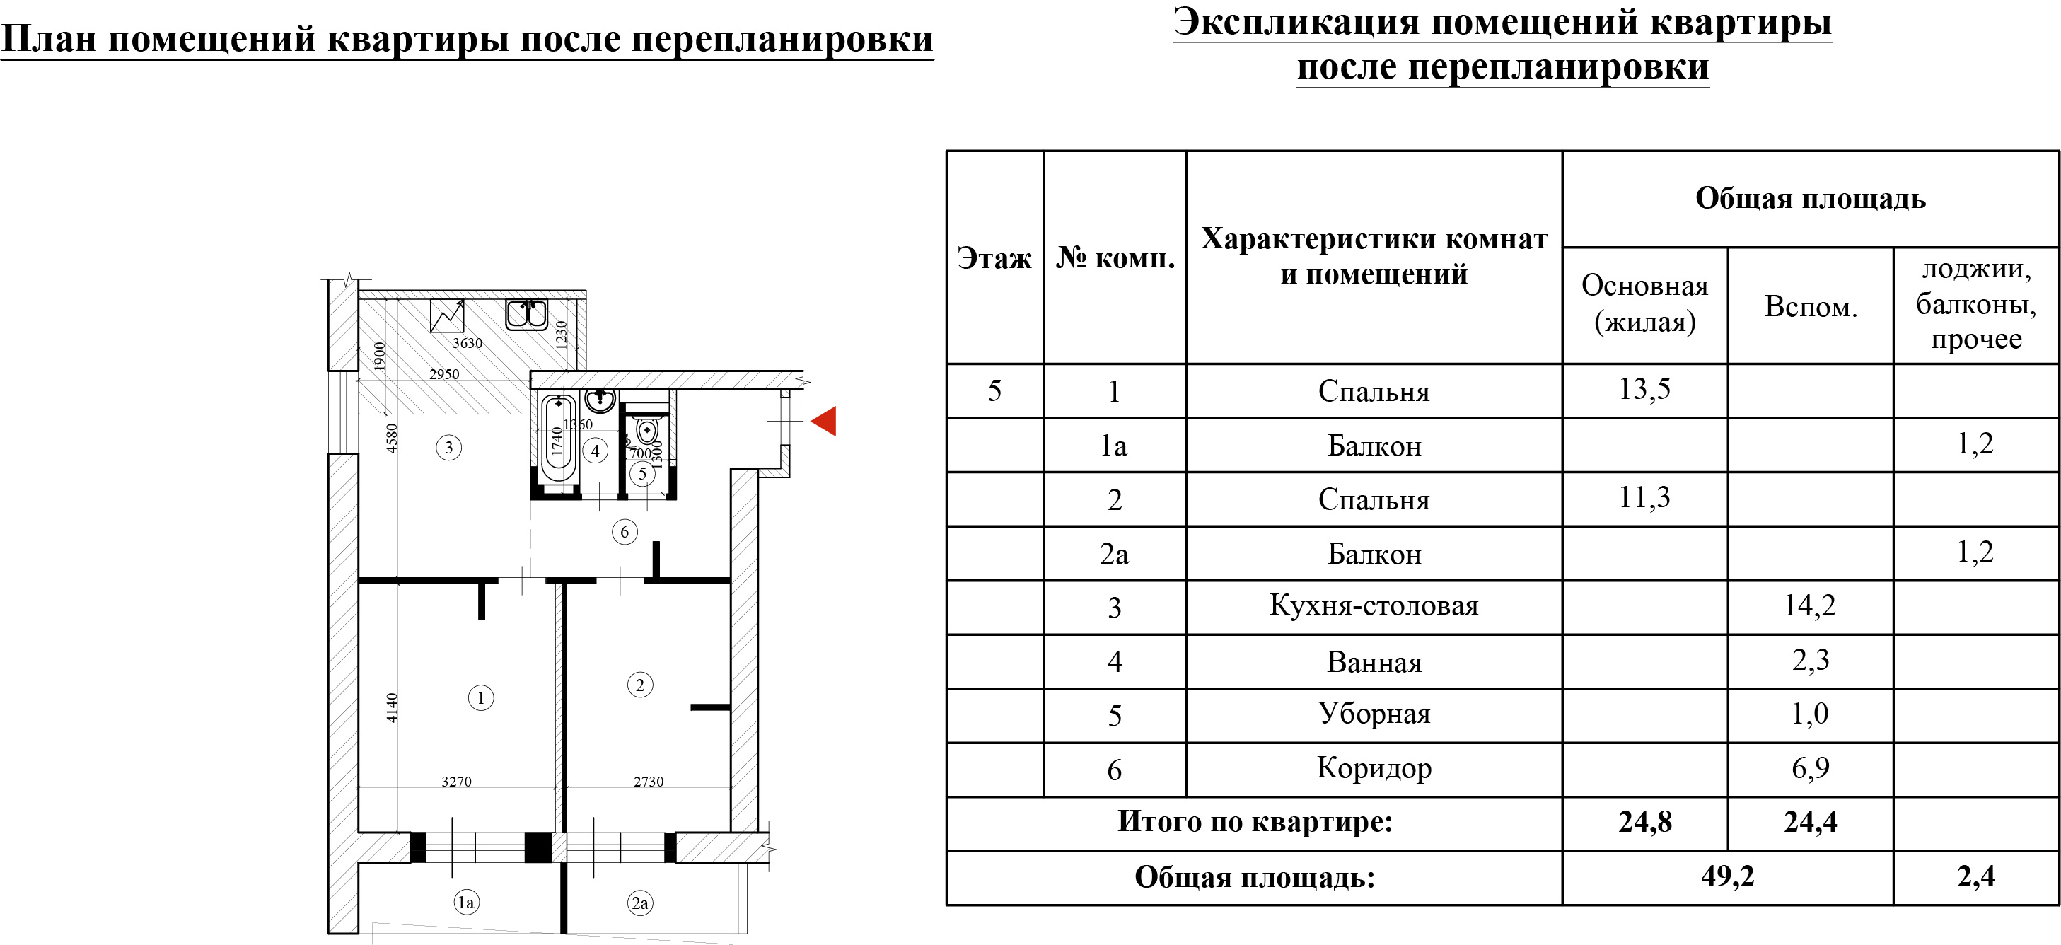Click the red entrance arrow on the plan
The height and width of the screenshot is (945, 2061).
pyautogui.click(x=824, y=421)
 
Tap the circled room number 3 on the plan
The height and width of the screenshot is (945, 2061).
pyautogui.click(x=449, y=447)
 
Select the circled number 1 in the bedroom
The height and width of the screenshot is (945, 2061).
pyautogui.click(x=481, y=697)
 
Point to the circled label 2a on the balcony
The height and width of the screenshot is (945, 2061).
pyautogui.click(x=640, y=903)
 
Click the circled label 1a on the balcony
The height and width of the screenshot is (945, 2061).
pyautogui.click(x=465, y=903)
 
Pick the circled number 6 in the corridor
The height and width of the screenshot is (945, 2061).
pyautogui.click(x=625, y=531)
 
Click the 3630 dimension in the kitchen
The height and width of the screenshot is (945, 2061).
pyautogui.click(x=468, y=343)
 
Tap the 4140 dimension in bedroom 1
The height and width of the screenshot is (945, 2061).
pyautogui.click(x=391, y=707)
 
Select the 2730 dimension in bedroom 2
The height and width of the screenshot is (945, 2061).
pyautogui.click(x=649, y=782)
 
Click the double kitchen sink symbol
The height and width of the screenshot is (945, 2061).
pyautogui.click(x=526, y=315)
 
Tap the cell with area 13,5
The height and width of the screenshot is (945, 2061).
pyautogui.click(x=1645, y=390)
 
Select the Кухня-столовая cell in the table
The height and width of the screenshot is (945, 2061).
pyautogui.click(x=1374, y=605)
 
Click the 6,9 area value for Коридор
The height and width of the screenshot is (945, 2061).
pyautogui.click(x=1811, y=768)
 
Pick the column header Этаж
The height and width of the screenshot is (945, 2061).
pyautogui.click(x=994, y=258)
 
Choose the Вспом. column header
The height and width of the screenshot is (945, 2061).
pyautogui.click(x=1811, y=306)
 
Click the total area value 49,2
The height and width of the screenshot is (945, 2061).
pyautogui.click(x=1727, y=876)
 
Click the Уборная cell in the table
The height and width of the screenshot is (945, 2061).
pyautogui.click(x=1374, y=714)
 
